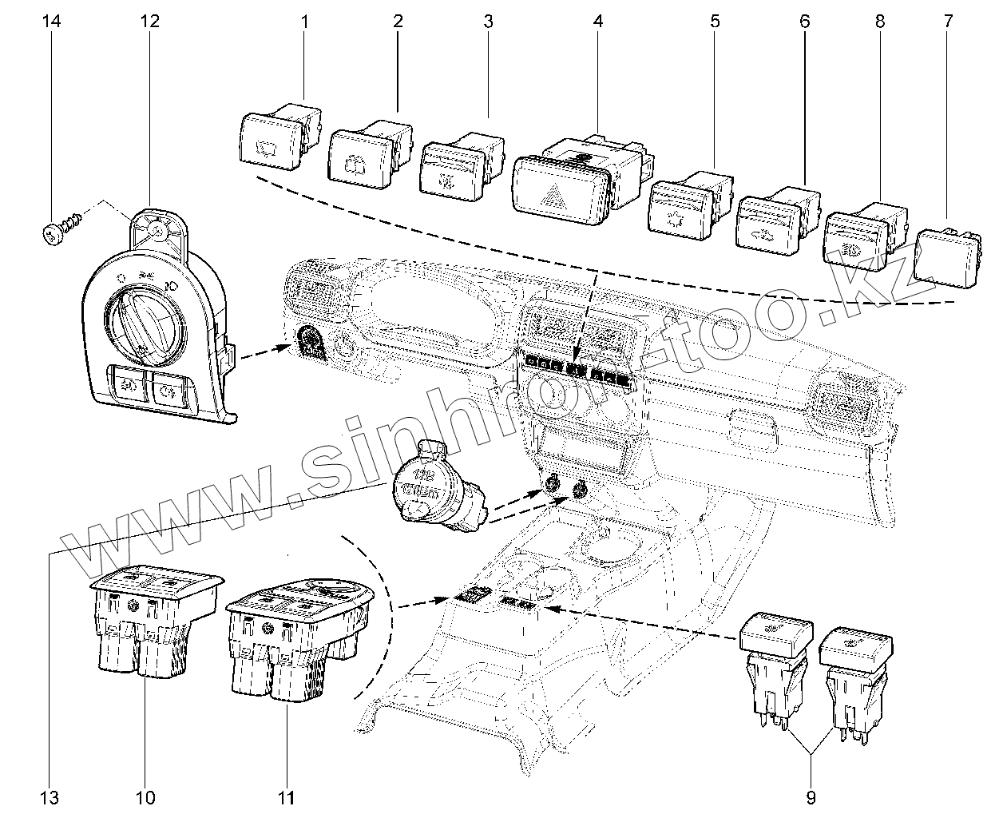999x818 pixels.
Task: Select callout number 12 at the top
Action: pyautogui.click(x=149, y=22)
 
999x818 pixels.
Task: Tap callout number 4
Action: pyautogui.click(x=598, y=22)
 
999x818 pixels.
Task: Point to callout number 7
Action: pyautogui.click(x=948, y=22)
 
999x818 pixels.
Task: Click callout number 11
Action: pyautogui.click(x=287, y=796)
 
